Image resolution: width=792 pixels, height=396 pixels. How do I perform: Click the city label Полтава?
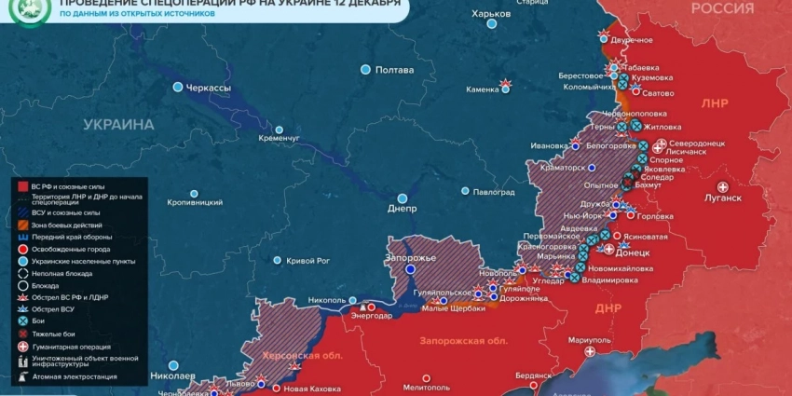(x=394, y=70)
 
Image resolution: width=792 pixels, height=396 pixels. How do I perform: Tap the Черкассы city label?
(x=210, y=88)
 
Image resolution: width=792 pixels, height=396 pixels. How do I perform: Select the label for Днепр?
(x=403, y=209)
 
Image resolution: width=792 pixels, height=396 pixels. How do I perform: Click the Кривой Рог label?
(x=308, y=261)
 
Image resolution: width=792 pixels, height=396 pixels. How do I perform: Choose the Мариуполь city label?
(x=589, y=339)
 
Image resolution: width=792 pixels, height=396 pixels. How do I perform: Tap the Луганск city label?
(x=723, y=198)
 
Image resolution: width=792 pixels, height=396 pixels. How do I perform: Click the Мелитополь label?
(x=427, y=386)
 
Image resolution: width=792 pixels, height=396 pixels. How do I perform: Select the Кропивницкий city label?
(x=195, y=202)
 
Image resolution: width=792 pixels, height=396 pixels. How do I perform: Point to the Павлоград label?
(x=494, y=192)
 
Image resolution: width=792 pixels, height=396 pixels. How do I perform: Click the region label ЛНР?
(x=715, y=103)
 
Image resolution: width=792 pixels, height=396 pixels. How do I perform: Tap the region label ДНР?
(x=607, y=307)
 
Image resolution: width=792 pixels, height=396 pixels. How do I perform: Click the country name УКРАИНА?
(x=118, y=125)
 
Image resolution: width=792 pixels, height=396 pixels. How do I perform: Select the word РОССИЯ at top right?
(x=722, y=8)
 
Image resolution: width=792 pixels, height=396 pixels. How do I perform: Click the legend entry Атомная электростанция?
(x=75, y=376)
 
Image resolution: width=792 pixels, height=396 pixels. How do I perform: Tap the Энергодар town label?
(x=372, y=315)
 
